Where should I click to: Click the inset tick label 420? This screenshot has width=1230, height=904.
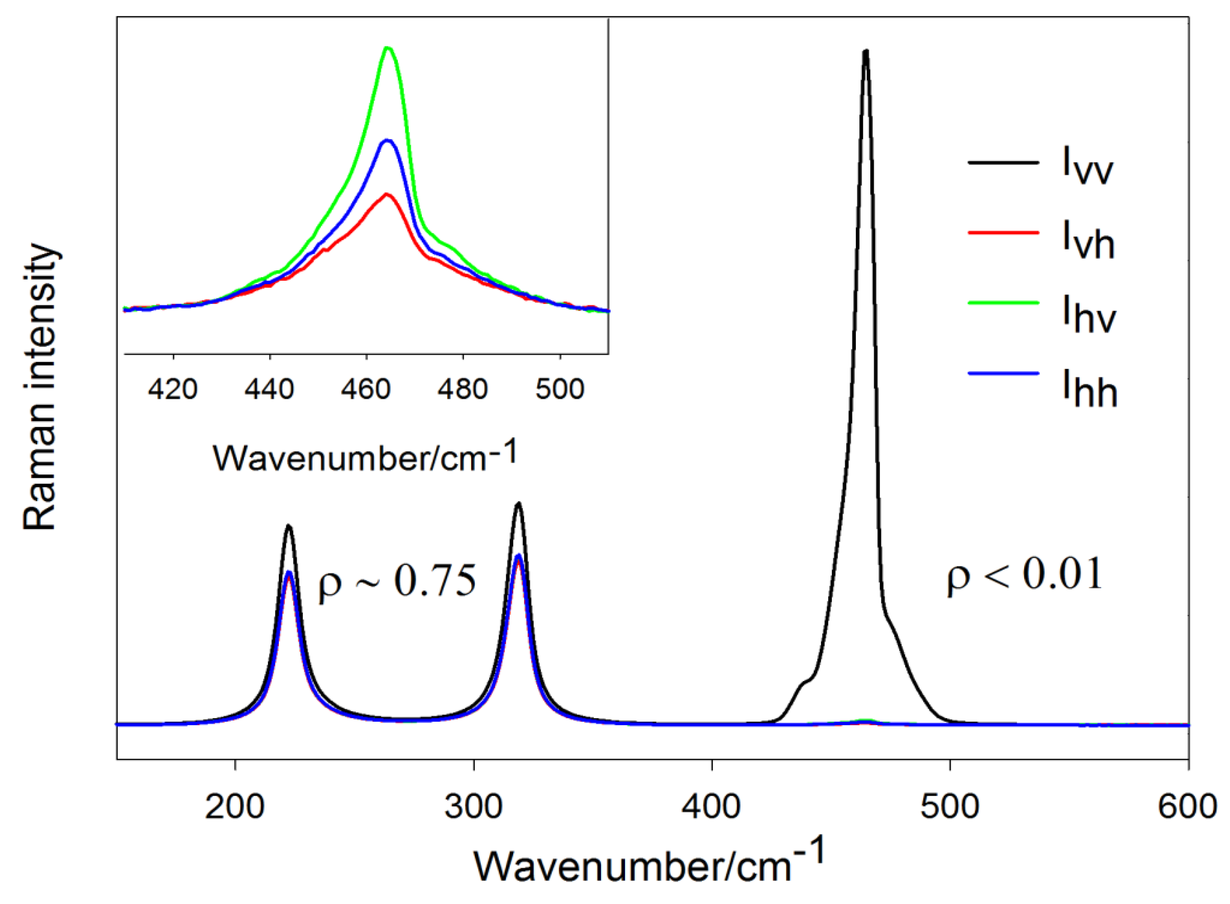173,390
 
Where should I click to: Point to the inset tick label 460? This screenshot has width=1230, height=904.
366,390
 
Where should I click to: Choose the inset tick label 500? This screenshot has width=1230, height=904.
559,390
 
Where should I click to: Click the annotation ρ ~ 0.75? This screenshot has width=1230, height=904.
397,582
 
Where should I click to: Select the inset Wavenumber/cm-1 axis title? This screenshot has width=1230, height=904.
365,457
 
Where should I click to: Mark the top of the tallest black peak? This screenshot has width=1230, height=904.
865,52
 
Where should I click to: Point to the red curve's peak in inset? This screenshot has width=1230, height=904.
387,194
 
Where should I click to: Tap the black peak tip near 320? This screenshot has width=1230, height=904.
518,503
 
